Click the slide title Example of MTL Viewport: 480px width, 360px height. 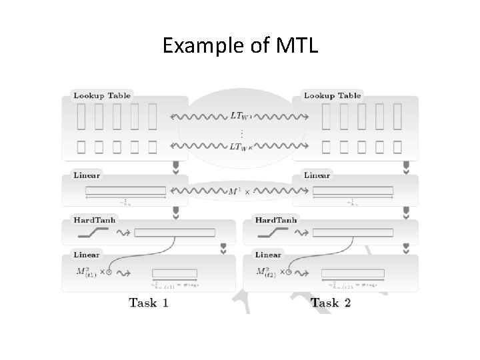[x=240, y=47]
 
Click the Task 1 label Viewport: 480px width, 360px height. [x=148, y=303]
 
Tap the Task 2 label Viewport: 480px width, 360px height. [x=331, y=303]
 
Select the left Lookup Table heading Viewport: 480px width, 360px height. [x=102, y=95]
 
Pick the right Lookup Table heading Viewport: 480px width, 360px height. [x=332, y=95]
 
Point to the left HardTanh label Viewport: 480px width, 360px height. [x=91, y=220]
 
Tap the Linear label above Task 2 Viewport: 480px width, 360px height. [x=268, y=255]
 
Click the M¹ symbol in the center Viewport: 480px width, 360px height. [x=234, y=191]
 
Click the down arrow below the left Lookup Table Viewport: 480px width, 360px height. [x=176, y=167]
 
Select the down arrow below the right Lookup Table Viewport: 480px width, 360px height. [x=406, y=167]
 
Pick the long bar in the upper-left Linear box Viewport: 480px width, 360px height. [x=125, y=191]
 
